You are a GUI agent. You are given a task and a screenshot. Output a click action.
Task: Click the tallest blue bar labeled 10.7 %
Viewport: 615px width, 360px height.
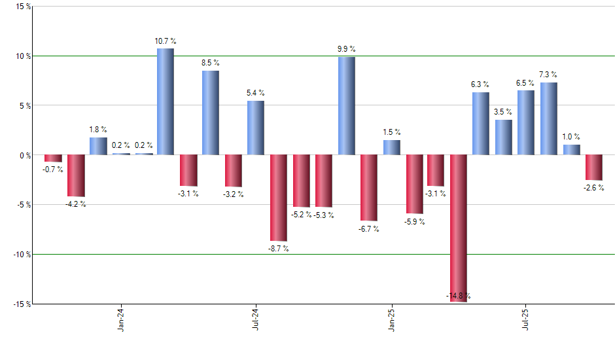point(165,101)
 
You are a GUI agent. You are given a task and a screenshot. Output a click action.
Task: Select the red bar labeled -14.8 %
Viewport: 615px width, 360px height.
point(459,228)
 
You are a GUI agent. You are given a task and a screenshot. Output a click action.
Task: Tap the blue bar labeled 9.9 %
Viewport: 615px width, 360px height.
point(346,106)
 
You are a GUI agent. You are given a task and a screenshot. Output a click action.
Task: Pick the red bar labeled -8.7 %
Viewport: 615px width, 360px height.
point(279,198)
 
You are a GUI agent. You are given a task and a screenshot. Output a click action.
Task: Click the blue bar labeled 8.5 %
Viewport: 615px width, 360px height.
point(210,113)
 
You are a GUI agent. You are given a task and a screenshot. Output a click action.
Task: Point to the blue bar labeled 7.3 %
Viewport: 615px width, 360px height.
point(549,118)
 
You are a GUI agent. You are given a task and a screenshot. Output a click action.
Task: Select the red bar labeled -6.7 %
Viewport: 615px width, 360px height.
point(368,188)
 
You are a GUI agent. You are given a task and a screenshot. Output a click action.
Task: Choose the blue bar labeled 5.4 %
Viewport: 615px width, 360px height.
point(256,128)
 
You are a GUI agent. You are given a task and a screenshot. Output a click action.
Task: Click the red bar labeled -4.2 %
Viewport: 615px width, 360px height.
point(76,175)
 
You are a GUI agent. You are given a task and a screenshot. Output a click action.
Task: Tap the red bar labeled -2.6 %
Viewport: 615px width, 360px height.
point(593,168)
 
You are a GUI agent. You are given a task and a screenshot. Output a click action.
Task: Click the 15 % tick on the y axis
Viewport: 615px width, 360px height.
point(22,7)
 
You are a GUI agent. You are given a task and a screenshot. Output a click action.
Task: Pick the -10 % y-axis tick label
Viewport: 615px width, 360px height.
point(20,254)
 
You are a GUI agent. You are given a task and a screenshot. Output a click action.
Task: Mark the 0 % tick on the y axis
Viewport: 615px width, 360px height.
point(24,155)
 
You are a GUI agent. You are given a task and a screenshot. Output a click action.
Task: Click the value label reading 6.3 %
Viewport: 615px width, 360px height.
point(480,84)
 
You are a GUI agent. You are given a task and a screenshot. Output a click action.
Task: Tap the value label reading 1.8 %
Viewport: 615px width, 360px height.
point(98,130)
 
